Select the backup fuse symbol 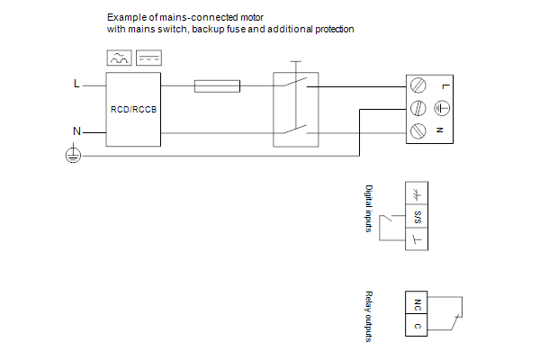(x=217, y=86)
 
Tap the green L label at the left (x=76, y=85)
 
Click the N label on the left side (x=76, y=131)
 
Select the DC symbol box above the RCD (x=148, y=58)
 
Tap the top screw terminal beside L (x=418, y=86)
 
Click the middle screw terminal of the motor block (x=418, y=109)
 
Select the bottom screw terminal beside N (x=418, y=131)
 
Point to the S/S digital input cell (x=418, y=217)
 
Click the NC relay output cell (x=418, y=303)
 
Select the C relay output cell (x=418, y=325)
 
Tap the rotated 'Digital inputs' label (x=368, y=209)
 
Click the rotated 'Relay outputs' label (x=368, y=316)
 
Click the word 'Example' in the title (x=124, y=17)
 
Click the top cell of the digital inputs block (x=418, y=195)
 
